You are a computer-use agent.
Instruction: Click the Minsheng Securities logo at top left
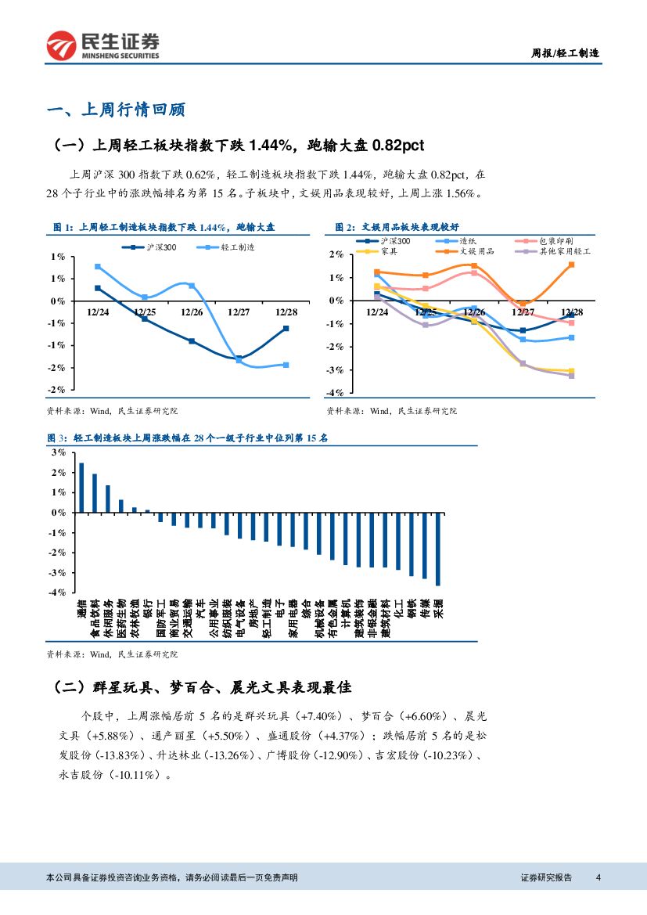pos(102,45)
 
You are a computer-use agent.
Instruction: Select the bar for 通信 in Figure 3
pos(81,487)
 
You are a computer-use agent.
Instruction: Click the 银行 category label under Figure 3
pos(148,608)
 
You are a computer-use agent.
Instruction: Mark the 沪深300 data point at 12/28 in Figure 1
pos(286,328)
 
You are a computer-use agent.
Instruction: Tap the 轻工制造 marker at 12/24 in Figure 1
pos(98,267)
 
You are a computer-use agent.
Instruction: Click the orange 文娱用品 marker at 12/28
pos(571,265)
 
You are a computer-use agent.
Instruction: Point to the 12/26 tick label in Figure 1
pos(192,311)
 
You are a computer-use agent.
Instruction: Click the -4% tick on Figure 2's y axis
pos(336,392)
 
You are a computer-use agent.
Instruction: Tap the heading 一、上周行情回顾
pos(116,110)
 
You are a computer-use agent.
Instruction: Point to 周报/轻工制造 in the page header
pos(565,53)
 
